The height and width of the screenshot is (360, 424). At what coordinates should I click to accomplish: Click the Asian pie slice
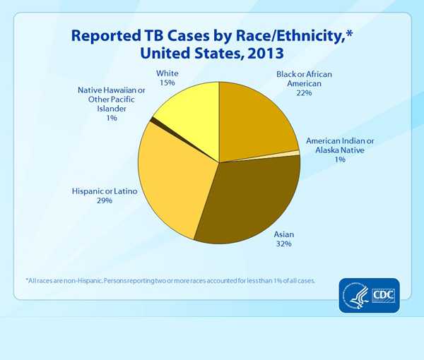pyautogui.click(x=247, y=198)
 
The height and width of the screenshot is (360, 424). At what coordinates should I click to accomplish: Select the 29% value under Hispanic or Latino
pyautogui.click(x=105, y=201)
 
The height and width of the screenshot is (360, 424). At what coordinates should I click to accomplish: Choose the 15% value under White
pyautogui.click(x=167, y=83)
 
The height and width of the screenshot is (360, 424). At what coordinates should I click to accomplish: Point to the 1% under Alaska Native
pyautogui.click(x=340, y=160)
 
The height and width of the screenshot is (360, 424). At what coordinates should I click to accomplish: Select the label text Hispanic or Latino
pyautogui.click(x=105, y=191)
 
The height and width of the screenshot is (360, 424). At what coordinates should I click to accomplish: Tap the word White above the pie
pyautogui.click(x=167, y=73)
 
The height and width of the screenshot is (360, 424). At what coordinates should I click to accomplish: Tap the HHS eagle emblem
pyautogui.click(x=355, y=293)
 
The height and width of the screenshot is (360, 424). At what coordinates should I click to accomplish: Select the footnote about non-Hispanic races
pyautogui.click(x=170, y=281)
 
